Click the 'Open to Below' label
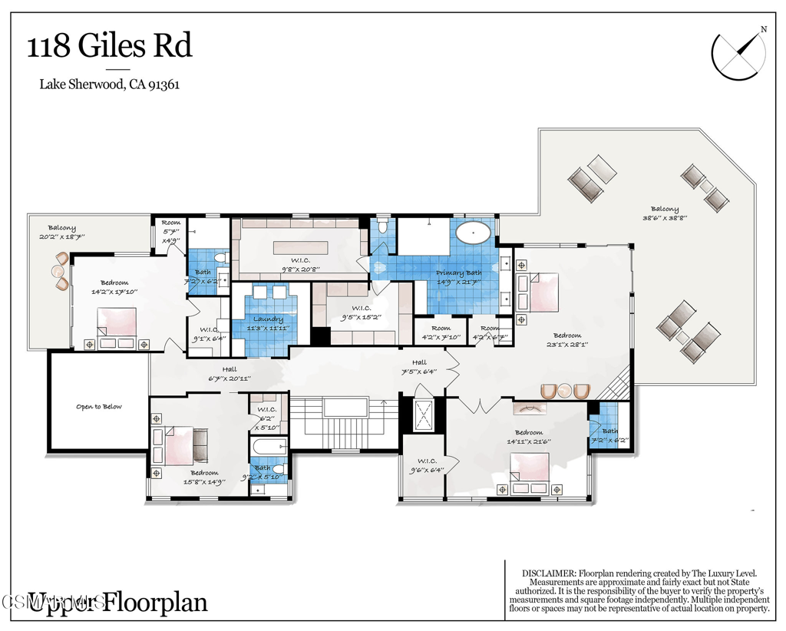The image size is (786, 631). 98,406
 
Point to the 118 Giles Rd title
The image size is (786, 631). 110,46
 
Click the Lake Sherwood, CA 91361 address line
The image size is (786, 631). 110,85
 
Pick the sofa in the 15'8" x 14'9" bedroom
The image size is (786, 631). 200,444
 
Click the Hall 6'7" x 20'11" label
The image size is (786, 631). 230,374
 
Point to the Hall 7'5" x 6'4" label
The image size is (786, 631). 418,367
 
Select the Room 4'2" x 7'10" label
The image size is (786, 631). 440,332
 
